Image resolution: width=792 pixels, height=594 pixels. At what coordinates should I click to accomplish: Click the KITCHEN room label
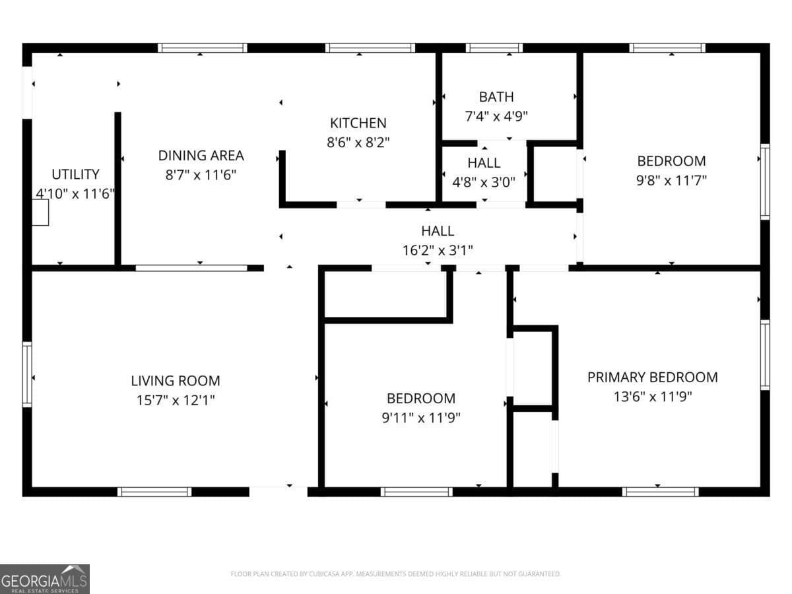tap(358, 123)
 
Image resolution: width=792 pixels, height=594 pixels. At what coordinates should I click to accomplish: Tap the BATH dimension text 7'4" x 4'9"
tap(496, 116)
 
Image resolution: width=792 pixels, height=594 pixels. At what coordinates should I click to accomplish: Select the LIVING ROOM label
tap(176, 381)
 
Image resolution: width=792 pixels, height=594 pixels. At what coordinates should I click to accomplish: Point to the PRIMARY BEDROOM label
tap(652, 378)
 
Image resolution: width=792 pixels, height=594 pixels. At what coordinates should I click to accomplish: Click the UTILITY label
tap(75, 174)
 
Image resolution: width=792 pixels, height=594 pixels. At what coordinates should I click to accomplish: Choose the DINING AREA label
tap(201, 156)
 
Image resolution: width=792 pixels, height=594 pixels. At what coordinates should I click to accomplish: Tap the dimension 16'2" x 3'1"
tap(438, 250)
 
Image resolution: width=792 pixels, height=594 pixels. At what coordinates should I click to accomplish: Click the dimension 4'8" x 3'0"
tap(484, 181)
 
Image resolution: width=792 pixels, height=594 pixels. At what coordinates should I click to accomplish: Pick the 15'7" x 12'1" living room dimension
tap(176, 400)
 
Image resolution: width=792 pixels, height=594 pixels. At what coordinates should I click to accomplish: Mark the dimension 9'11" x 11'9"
tap(420, 418)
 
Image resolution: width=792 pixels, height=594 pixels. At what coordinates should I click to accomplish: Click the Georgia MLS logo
tap(45, 579)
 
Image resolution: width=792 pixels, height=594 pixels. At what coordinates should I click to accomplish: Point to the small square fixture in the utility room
tap(40, 213)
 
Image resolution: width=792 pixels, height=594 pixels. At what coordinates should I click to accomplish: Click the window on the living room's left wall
tap(27, 374)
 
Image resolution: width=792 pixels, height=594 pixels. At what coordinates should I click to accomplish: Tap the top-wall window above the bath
tap(494, 48)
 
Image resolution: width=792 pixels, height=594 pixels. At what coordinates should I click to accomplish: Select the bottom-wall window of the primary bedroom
tap(660, 492)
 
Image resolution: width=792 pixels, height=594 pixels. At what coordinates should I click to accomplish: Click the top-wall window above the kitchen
tap(370, 48)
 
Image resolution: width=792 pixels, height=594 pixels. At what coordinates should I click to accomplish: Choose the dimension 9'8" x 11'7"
tap(671, 180)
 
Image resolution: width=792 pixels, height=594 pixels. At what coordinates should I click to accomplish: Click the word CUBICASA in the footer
tap(323, 574)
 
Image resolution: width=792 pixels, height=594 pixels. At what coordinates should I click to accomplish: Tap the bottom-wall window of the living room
tap(154, 492)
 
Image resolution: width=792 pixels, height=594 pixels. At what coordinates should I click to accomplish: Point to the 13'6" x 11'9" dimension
tap(652, 397)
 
